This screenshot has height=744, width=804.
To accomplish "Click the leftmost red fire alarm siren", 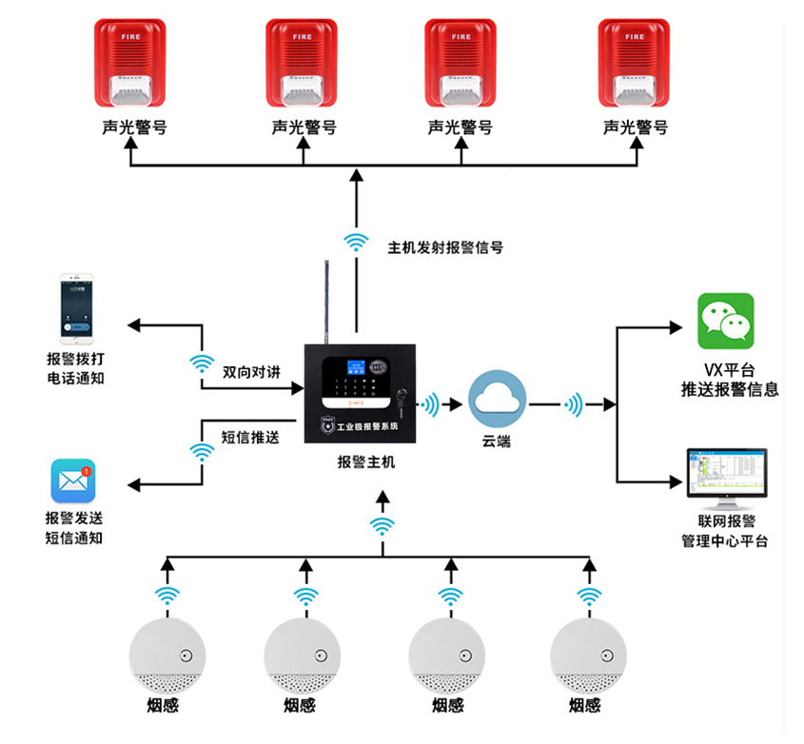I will pyautogui.click(x=130, y=64).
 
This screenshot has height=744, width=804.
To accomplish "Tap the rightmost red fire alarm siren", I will pyautogui.click(x=634, y=64).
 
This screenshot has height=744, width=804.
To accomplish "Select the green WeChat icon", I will pyautogui.click(x=725, y=321).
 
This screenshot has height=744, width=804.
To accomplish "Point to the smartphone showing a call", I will pyautogui.click(x=76, y=310).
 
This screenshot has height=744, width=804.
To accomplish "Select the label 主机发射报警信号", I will pyautogui.click(x=445, y=247).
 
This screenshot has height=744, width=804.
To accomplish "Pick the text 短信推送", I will pyautogui.click(x=250, y=438).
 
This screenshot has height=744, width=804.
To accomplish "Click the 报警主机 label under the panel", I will pyautogui.click(x=365, y=462).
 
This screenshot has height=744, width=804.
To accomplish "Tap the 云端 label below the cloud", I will pyautogui.click(x=496, y=441).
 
